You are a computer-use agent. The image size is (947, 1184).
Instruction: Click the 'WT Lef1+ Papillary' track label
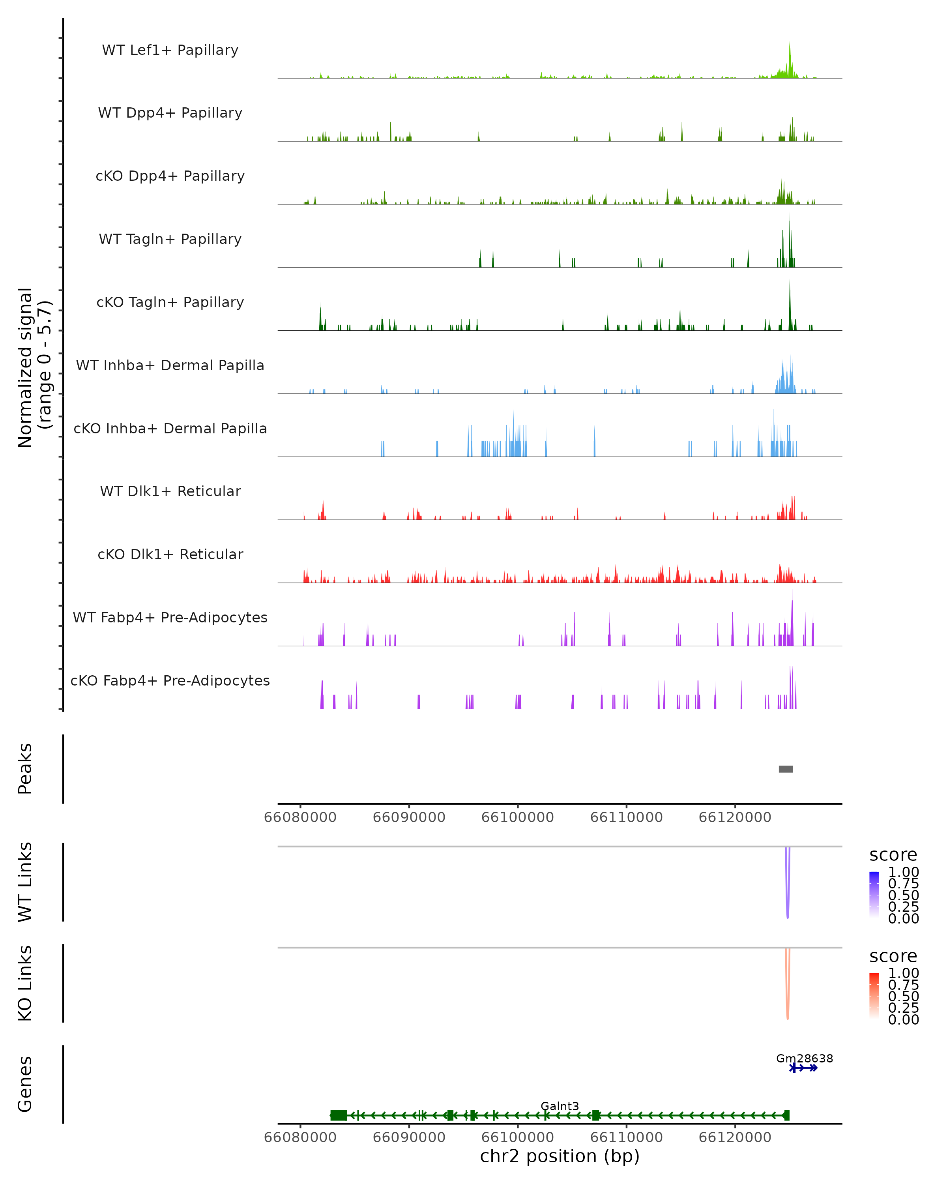click(170, 50)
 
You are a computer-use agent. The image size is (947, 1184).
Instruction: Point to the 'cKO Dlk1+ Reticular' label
click(170, 554)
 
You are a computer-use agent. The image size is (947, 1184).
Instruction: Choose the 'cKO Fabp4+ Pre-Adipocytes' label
click(170, 680)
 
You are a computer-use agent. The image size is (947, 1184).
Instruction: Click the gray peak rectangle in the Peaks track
click(786, 769)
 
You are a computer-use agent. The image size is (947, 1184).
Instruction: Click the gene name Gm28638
click(804, 1058)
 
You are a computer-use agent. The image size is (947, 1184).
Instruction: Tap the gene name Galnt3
click(560, 1106)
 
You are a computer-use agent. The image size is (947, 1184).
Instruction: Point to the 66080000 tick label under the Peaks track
click(300, 817)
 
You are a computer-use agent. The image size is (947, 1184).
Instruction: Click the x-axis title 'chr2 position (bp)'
click(560, 1156)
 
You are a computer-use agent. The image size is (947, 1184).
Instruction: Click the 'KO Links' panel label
click(25, 983)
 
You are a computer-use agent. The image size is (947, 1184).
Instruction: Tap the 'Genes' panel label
click(25, 1085)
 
